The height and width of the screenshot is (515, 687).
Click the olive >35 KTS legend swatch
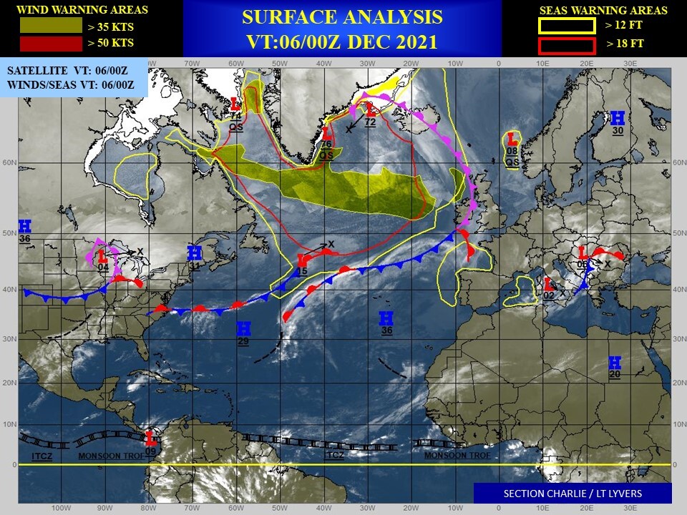coord(51,26)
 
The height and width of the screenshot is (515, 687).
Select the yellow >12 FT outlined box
coord(567,26)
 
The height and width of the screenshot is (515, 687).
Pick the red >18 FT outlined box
coord(567,46)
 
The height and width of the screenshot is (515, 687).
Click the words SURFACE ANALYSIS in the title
coord(342,17)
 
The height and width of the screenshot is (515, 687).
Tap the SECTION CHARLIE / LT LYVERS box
coord(572,493)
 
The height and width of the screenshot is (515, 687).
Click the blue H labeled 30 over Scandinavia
coord(618,118)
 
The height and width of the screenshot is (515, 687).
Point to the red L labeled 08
coord(512,139)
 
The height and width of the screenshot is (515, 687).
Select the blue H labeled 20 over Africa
coord(614,363)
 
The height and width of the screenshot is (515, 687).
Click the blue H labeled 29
coord(243,328)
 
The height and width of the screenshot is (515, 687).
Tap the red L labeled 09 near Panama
coord(151,438)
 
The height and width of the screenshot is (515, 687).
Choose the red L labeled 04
coord(103,255)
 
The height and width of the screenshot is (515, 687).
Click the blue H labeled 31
coord(194,253)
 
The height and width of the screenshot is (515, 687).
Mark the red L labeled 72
coord(371,109)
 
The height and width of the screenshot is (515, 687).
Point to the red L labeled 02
coord(550,284)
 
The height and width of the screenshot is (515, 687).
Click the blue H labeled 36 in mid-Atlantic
coord(386,318)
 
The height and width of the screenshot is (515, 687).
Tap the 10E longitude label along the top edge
coord(542,63)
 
